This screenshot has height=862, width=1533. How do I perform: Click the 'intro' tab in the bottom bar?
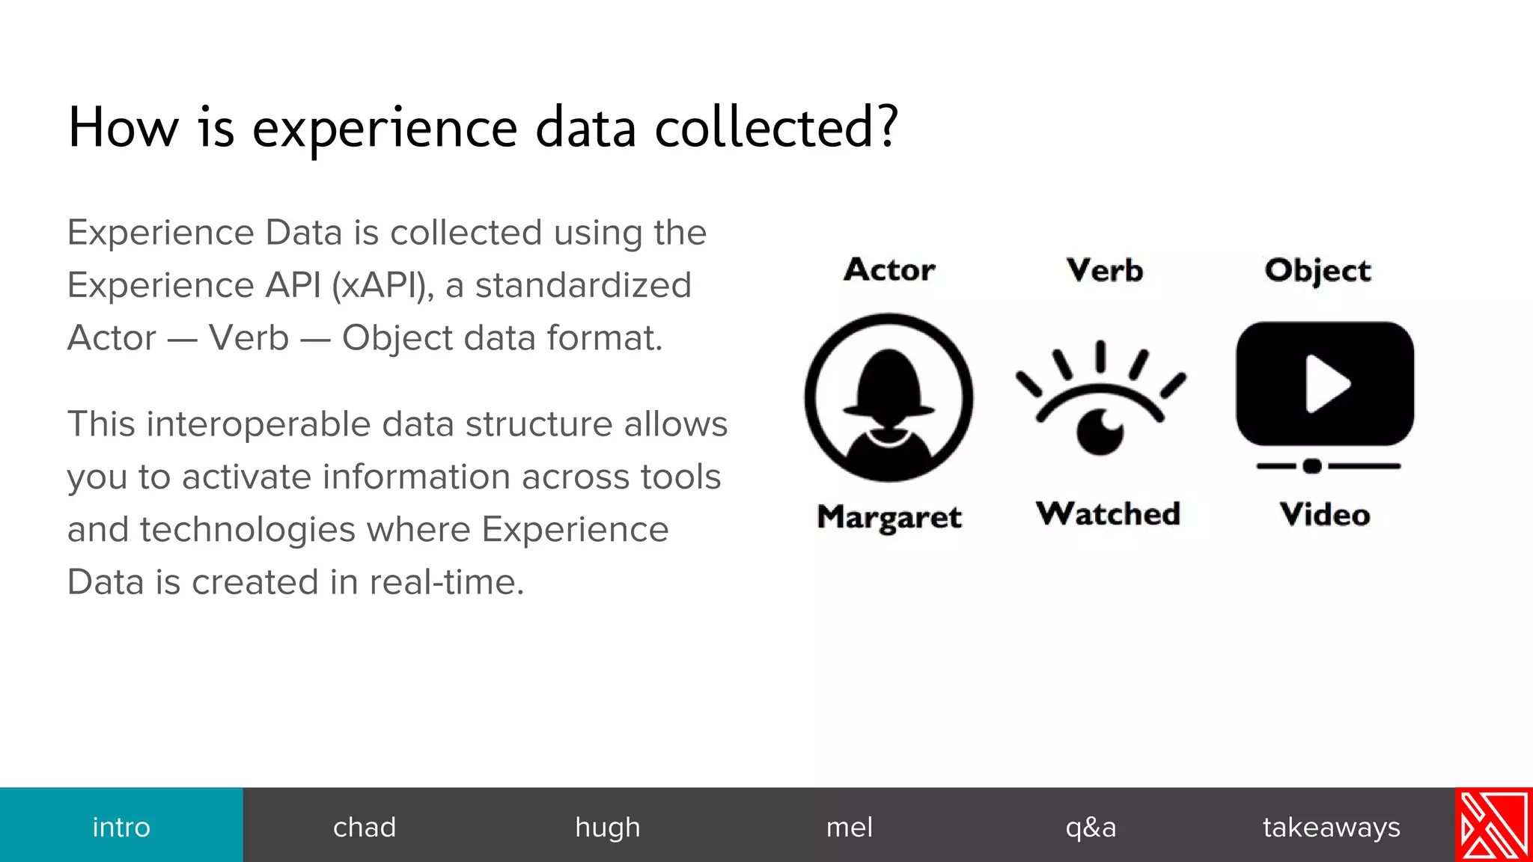click(121, 827)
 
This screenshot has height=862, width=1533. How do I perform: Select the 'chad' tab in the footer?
click(365, 827)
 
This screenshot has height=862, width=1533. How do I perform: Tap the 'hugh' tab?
click(607, 827)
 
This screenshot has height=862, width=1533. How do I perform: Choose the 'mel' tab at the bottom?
click(850, 827)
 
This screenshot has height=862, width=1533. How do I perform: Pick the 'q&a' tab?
click(1091, 827)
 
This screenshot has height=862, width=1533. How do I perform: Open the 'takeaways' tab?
click(1331, 827)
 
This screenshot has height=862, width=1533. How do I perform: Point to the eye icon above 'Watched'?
click(1100, 408)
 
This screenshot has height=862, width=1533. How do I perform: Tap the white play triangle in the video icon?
click(1326, 384)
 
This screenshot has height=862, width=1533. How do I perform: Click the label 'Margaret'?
click(889, 517)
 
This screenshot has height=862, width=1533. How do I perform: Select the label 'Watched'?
click(1108, 514)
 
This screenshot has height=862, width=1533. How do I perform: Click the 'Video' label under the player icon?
click(1325, 515)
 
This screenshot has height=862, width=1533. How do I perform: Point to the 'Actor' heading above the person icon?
click(889, 269)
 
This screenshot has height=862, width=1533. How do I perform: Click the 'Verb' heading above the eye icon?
click(1105, 270)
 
